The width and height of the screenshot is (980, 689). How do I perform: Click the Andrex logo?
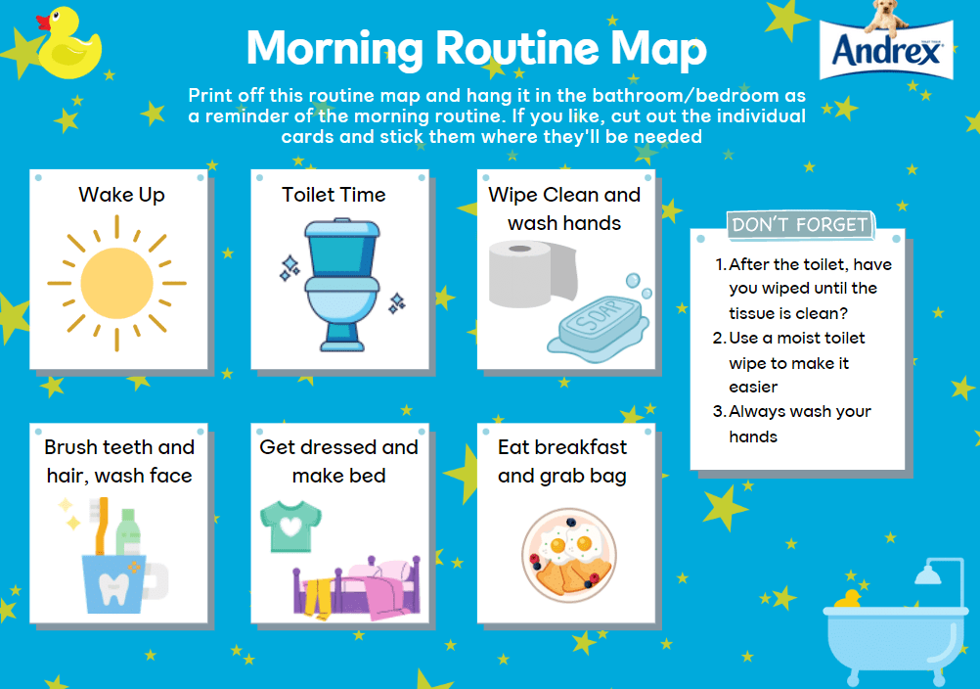(886, 49)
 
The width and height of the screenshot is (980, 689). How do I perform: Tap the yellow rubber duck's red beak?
(43, 23)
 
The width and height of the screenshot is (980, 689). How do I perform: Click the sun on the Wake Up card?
(116, 283)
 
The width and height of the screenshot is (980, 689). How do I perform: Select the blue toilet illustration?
(342, 285)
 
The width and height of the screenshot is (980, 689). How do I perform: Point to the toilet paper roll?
(532, 274)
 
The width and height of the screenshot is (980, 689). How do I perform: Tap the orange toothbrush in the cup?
(103, 526)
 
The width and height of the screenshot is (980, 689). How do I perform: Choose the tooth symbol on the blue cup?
(113, 589)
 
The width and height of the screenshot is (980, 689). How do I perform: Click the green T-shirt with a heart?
(290, 526)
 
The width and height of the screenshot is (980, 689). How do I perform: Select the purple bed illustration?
(356, 588)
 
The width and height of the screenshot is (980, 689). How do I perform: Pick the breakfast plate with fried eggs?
(569, 555)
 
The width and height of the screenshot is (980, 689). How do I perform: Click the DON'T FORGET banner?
(800, 224)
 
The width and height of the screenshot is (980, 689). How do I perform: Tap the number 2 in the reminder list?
(718, 339)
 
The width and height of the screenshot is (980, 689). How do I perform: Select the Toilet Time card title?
(334, 195)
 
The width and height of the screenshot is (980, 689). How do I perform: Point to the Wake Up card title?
(122, 195)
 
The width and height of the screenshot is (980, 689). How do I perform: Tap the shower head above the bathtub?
(928, 573)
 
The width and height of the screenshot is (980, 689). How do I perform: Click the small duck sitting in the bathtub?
(849, 598)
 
